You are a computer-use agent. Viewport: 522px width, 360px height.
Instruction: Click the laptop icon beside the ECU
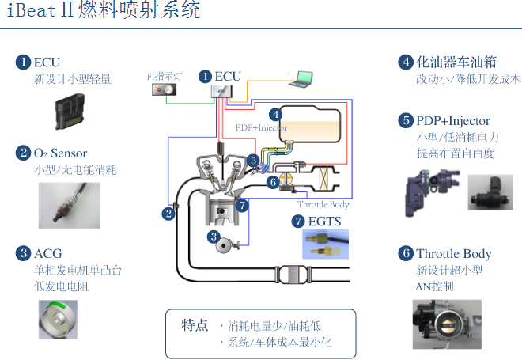pyautogui.click(x=303, y=78)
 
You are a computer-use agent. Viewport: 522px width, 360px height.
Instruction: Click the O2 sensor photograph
pyautogui.click(x=70, y=204)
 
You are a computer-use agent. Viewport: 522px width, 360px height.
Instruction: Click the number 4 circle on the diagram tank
pyautogui.click(x=274, y=114)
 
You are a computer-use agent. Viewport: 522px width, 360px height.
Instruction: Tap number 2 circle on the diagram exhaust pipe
pyautogui.click(x=168, y=213)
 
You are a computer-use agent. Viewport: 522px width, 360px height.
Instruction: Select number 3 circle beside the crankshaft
pyautogui.click(x=213, y=236)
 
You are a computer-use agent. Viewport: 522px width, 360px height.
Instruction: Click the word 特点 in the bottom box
pyautogui.click(x=195, y=325)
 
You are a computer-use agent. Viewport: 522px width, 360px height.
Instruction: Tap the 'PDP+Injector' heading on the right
pyautogui.click(x=453, y=121)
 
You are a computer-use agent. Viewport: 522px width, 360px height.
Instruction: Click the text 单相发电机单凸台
pyautogui.click(x=78, y=270)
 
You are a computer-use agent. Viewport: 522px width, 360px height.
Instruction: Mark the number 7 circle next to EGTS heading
pyautogui.click(x=297, y=221)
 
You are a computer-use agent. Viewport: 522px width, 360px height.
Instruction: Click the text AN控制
pyautogui.click(x=434, y=286)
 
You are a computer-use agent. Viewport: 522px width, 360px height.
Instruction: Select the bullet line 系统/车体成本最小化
pyautogui.click(x=279, y=343)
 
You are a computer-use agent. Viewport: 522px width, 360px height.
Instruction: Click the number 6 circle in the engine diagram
pyautogui.click(x=272, y=182)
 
